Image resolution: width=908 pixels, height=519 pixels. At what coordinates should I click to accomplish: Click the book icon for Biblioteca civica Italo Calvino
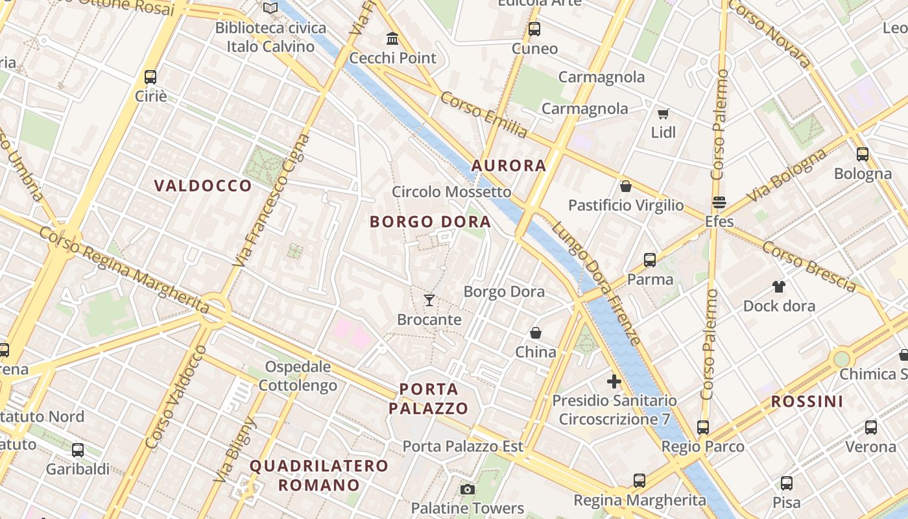click(270, 8)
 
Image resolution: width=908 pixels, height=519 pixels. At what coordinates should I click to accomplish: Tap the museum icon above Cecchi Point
click(392, 38)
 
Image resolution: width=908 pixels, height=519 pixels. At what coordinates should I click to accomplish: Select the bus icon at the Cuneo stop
click(534, 29)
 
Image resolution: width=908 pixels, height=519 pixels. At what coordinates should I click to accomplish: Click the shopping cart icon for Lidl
click(663, 114)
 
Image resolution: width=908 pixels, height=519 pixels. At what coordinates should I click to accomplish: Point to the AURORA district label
click(508, 165)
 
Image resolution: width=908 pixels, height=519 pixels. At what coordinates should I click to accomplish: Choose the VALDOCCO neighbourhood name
click(203, 186)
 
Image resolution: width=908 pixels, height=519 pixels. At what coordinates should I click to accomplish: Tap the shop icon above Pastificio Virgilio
click(626, 186)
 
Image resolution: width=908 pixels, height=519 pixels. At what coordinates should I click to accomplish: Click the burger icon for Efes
click(719, 202)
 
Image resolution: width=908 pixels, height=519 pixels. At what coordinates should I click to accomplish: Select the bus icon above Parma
click(650, 260)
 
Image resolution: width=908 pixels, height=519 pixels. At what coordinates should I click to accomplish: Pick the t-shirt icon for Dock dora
click(779, 286)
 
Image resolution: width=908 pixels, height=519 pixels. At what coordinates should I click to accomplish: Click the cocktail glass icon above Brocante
click(429, 300)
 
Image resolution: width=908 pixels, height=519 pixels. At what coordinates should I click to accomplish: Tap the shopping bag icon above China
click(536, 333)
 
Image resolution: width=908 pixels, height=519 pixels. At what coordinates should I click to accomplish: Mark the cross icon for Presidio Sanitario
click(614, 381)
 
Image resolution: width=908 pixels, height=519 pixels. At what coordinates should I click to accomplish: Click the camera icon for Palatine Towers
click(467, 489)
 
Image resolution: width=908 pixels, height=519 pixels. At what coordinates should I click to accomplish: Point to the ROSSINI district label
click(807, 402)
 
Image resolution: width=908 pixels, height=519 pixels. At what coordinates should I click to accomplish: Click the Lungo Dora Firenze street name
click(596, 284)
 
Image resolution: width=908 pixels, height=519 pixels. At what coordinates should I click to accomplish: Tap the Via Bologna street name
click(787, 175)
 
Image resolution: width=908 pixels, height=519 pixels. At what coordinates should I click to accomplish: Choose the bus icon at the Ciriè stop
click(150, 77)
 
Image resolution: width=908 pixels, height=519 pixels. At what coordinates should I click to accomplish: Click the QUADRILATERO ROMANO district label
click(318, 475)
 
